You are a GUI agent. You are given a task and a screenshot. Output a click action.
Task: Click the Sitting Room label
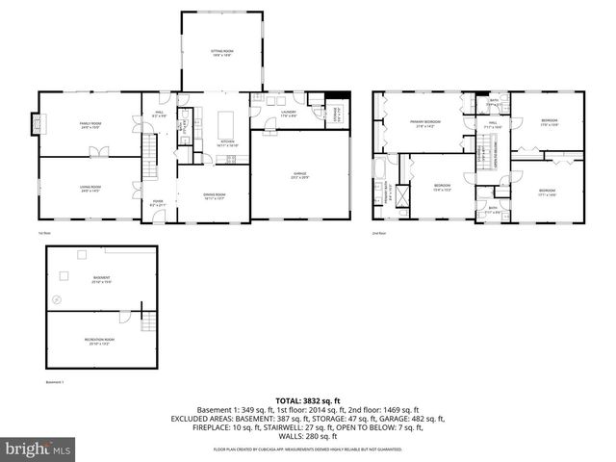point(222,53)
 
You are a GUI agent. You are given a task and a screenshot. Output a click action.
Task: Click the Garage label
point(299,176)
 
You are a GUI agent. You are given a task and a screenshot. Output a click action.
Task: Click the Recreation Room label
point(101,342)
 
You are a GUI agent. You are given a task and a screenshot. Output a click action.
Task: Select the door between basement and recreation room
point(123,317)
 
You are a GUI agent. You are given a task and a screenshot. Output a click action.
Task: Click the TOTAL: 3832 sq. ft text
point(308,400)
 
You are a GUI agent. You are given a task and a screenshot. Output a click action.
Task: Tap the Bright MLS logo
point(38,449)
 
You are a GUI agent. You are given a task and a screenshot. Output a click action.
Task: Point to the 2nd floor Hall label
point(490,124)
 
